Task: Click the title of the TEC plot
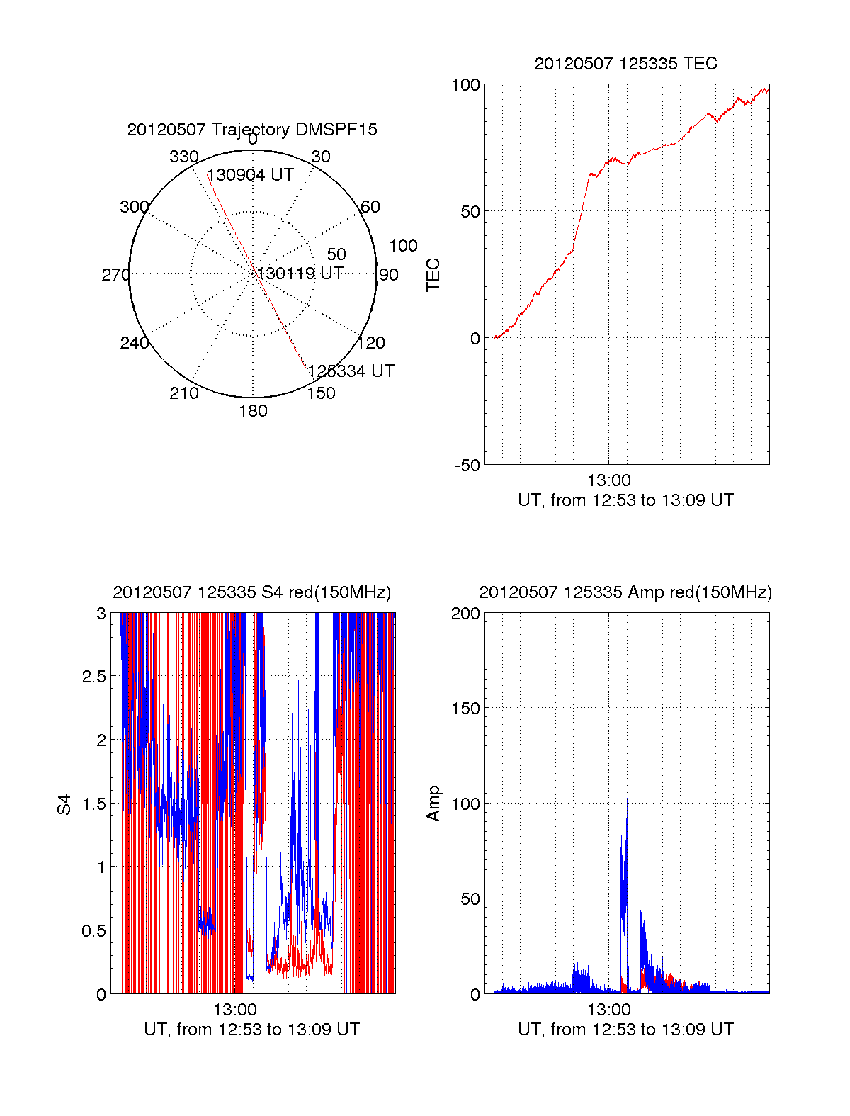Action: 625,64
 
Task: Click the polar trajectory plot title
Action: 252,130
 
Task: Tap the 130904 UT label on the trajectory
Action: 250,175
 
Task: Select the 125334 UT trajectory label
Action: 351,371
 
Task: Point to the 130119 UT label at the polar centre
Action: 300,274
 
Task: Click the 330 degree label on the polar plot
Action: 183,157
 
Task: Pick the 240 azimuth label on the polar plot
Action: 134,343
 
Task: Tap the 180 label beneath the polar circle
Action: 253,411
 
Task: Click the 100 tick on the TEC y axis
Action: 465,85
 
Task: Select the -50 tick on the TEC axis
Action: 467,466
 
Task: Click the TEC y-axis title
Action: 433,275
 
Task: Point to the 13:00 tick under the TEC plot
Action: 608,480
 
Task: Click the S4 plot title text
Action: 251,592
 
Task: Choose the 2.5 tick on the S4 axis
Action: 93,677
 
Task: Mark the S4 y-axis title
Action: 64,804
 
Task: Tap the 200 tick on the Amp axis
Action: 465,614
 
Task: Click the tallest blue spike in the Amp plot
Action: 627,801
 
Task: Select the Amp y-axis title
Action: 433,804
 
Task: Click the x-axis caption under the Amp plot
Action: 625,1030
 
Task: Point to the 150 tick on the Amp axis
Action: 465,709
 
